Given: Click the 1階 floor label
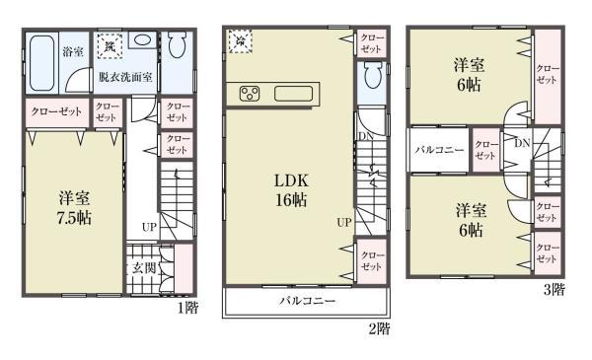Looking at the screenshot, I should tap(187, 308).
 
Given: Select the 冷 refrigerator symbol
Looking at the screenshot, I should tap(239, 41).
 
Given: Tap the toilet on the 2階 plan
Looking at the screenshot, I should tap(372, 79).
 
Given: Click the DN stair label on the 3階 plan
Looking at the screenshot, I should tap(520, 143).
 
